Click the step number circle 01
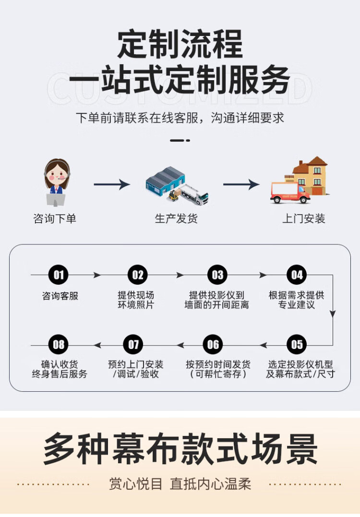[59, 275]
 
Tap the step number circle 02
[138, 275]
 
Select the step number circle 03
[217, 275]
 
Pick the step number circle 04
[297, 275]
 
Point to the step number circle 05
[297, 345]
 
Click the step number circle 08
[59, 345]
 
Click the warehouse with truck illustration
[177, 185]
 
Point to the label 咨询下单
[55, 219]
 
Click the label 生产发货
[176, 219]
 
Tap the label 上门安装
[304, 219]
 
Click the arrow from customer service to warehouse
[112, 184]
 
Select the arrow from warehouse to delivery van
[241, 184]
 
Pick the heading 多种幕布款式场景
[180, 449]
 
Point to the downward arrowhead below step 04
[332, 314]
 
